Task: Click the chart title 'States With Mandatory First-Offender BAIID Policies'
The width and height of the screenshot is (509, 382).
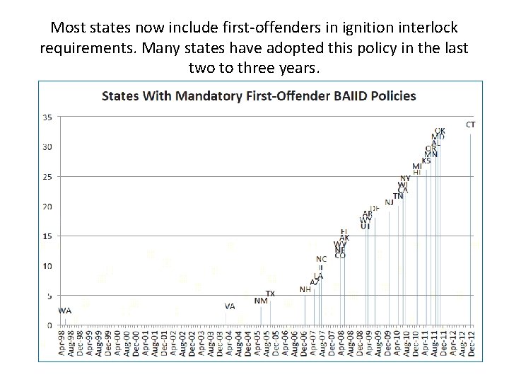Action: [x=259, y=95]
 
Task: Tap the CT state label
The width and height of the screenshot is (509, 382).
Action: [x=471, y=125]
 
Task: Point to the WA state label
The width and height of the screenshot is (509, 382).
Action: [x=65, y=310]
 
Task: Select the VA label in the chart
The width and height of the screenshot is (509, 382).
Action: [x=230, y=306]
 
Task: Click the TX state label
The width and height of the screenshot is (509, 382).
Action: [x=270, y=294]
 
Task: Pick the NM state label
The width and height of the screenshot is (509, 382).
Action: [x=261, y=301]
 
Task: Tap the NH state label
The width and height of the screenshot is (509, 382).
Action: [x=305, y=289]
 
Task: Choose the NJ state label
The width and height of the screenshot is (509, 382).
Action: [x=389, y=202]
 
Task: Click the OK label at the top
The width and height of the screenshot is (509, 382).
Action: [x=440, y=131]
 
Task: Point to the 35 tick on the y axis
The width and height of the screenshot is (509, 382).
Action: [x=47, y=117]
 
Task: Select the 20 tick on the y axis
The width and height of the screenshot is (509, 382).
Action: [x=47, y=207]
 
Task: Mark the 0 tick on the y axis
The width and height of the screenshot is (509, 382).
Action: [x=49, y=325]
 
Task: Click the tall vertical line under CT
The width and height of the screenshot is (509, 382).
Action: [x=470, y=226]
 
